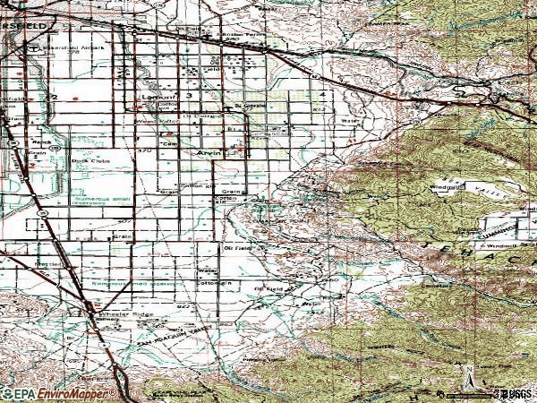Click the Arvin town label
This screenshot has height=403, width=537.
point(209,153)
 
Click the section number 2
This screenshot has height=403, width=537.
point(55,96)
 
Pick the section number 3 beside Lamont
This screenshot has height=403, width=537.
point(190,94)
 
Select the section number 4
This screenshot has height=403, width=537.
point(320,93)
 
